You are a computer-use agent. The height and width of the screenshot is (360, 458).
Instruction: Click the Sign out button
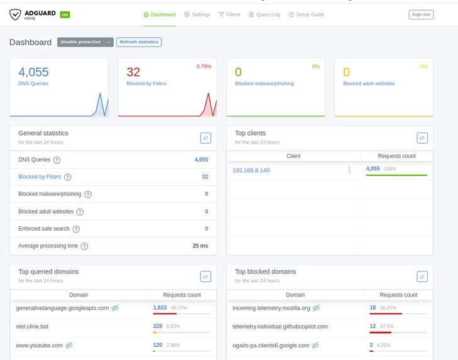tap(420, 14)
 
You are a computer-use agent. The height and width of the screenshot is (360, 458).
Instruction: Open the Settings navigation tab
tap(197, 14)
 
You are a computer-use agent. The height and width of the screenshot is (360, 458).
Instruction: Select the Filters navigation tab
tap(229, 14)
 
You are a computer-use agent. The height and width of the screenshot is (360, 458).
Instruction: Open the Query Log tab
tap(264, 14)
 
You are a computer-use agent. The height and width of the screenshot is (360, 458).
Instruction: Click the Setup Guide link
tap(307, 14)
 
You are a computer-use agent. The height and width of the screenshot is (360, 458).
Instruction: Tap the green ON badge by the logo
tap(65, 14)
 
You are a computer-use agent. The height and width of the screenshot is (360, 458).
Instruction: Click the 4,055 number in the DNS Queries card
tap(33, 72)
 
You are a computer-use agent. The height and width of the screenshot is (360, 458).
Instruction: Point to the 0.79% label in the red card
tap(204, 66)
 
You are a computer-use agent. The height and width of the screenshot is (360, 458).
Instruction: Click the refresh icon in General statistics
tap(205, 138)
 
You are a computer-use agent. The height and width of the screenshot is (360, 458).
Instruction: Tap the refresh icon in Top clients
tap(422, 138)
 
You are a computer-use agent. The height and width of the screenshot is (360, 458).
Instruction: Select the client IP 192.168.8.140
tap(251, 170)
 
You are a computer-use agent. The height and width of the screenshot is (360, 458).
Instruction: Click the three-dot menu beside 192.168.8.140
tap(349, 170)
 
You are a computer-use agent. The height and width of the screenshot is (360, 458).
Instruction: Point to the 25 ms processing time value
tap(200, 246)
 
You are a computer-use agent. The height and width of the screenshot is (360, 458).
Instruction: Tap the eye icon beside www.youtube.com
tap(69, 345)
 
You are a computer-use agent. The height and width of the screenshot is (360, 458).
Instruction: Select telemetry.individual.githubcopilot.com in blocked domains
tap(280, 327)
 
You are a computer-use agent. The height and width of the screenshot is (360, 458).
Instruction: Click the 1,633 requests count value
tap(160, 308)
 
